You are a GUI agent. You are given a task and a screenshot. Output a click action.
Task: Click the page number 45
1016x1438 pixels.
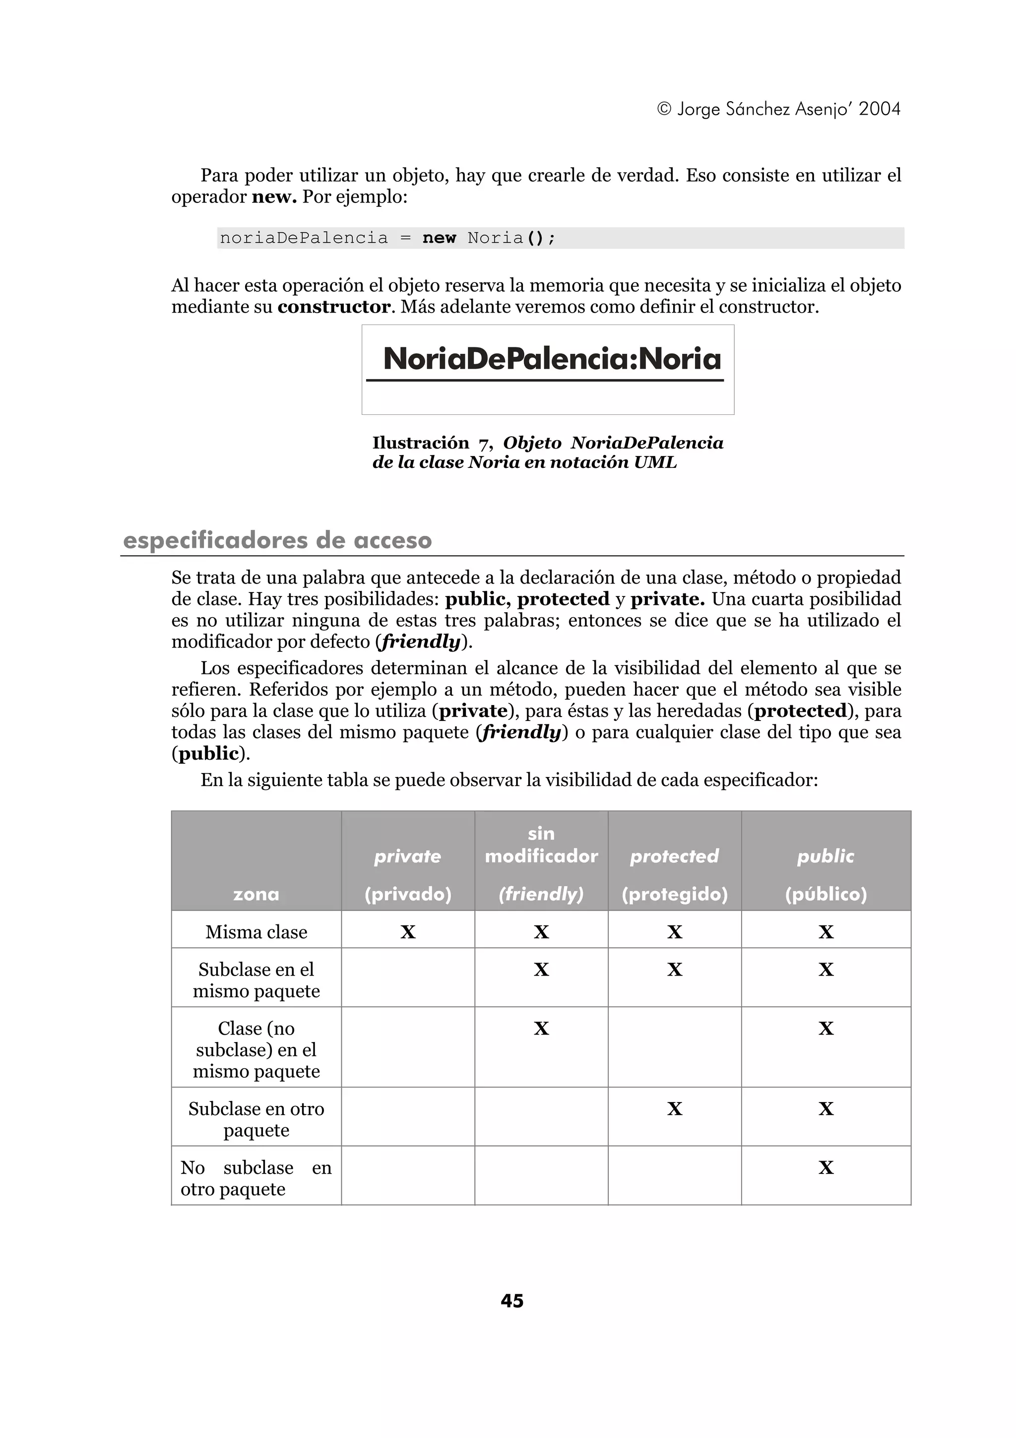coord(511,1301)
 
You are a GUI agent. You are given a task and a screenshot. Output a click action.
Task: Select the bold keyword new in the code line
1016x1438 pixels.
coord(439,238)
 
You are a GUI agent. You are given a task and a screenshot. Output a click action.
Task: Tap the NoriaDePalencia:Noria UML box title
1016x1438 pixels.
coord(552,359)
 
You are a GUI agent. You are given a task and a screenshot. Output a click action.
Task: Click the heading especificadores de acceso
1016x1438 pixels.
coord(277,540)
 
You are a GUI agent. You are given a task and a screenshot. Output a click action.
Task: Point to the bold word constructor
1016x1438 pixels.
coord(334,307)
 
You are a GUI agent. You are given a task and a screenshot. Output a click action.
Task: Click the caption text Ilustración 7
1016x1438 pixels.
coord(432,443)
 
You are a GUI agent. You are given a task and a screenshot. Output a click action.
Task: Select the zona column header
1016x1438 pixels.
coord(256,893)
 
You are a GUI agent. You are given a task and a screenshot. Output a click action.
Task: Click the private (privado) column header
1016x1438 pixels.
coord(407,874)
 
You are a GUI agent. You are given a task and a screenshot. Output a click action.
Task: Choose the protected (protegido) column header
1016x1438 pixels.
coord(674,874)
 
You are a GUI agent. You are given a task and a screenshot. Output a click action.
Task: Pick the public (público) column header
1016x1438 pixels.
coord(825,874)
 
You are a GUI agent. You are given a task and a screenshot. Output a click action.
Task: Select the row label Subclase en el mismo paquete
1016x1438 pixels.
coord(256,980)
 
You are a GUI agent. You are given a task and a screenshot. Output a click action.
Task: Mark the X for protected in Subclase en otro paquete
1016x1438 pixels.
coord(674,1109)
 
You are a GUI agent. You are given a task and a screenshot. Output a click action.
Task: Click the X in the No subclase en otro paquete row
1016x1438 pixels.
coord(825,1168)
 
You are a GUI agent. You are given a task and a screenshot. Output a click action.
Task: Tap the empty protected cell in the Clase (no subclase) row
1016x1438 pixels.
coord(674,1047)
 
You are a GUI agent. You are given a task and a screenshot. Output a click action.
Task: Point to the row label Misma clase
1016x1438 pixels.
coord(256,932)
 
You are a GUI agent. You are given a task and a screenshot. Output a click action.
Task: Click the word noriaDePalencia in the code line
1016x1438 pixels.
coord(304,238)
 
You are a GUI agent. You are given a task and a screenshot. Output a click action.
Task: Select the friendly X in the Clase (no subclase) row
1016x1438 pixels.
coord(541,1029)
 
